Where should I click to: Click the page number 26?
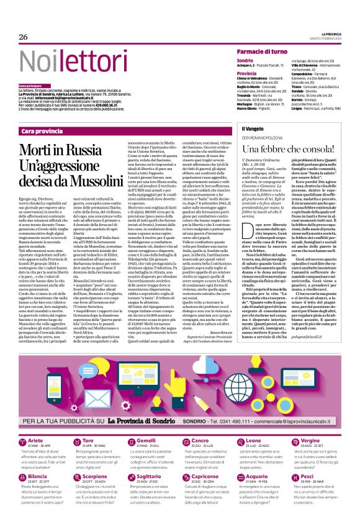click(x=24, y=37)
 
